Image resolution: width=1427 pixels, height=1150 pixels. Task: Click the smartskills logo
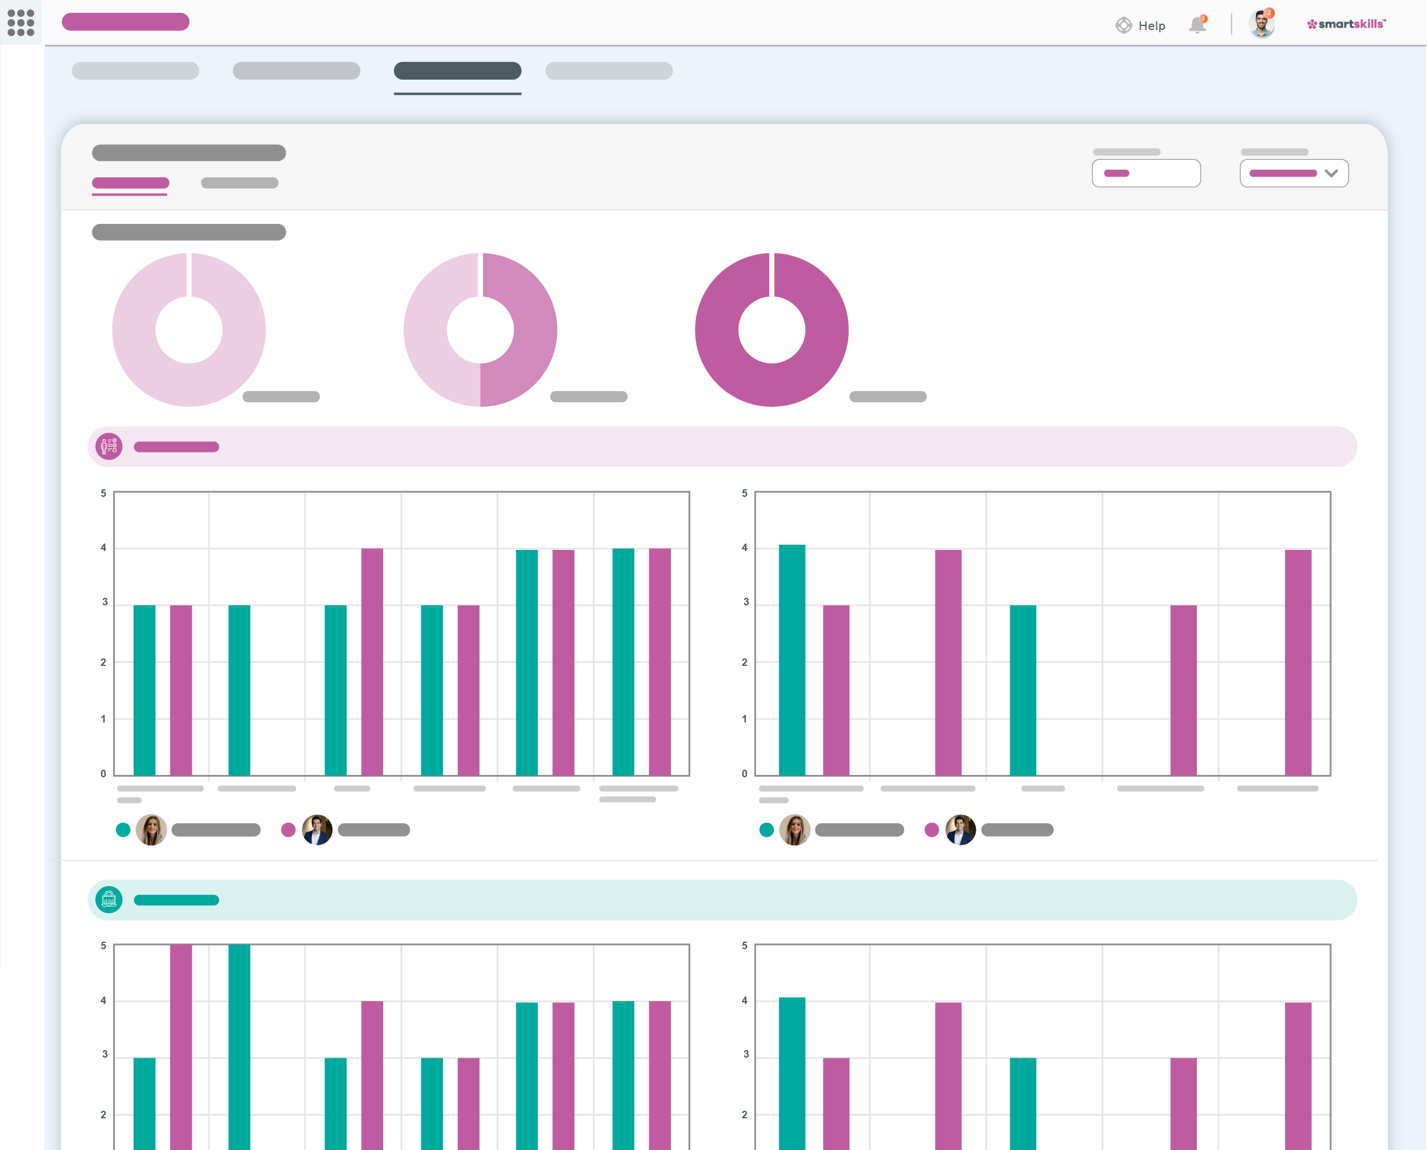(x=1346, y=24)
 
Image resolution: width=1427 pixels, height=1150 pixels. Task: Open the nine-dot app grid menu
(x=21, y=23)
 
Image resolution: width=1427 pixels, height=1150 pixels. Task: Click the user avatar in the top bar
(x=1261, y=24)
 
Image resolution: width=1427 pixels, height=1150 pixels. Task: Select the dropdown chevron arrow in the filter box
(x=1331, y=174)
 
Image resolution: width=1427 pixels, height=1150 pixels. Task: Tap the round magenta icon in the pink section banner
(x=109, y=447)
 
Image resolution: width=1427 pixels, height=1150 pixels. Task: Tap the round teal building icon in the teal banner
(x=109, y=900)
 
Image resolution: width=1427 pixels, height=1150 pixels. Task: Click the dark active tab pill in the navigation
(x=457, y=71)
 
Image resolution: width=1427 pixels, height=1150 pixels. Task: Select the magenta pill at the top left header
(x=125, y=22)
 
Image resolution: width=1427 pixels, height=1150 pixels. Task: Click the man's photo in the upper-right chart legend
(x=961, y=830)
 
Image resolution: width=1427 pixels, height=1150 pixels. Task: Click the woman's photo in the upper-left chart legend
(x=151, y=830)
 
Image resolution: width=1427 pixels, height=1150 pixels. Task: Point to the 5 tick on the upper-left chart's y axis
(x=103, y=493)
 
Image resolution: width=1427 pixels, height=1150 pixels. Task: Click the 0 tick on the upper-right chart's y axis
(x=744, y=774)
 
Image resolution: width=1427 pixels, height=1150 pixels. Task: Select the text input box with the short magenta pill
(x=1146, y=174)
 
